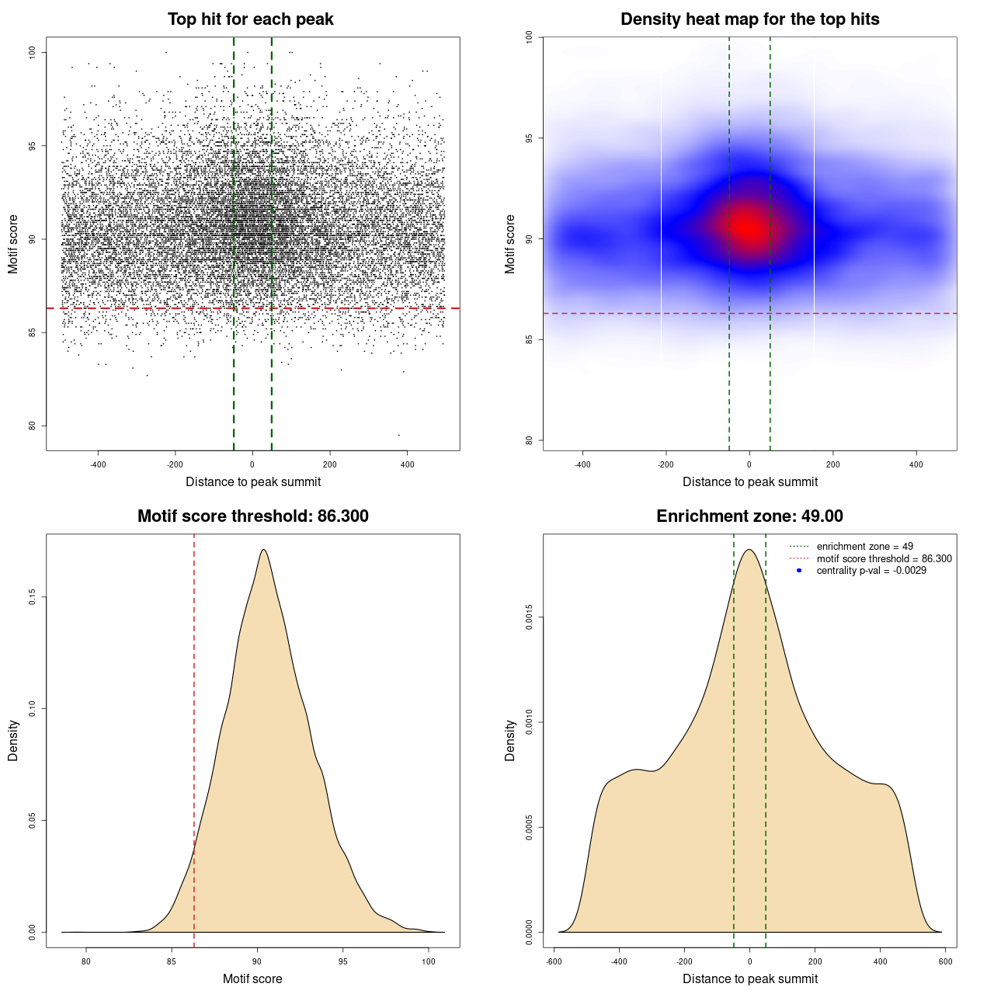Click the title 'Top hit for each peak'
251,19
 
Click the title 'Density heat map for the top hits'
749,19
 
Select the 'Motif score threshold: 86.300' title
252,516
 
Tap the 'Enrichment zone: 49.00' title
749,516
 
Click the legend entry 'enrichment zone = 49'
864,547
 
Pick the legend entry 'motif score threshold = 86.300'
884,558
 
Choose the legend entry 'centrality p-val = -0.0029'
871,571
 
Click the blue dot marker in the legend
799,571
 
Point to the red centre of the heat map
749,228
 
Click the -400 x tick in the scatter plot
98,464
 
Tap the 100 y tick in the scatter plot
33,52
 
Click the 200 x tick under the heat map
833,464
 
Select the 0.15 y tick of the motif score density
33,596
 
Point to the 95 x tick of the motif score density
343,961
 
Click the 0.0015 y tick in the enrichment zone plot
529,618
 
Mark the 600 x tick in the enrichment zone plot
945,961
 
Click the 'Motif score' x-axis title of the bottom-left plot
252,978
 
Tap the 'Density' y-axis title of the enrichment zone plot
510,740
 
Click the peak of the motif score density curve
264,550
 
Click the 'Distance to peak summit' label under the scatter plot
253,481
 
